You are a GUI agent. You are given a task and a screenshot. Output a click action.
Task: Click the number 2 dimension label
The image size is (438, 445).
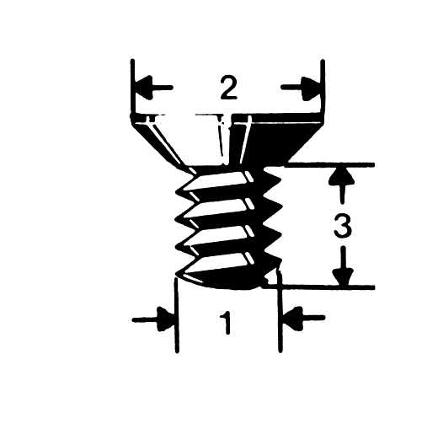point(228,88)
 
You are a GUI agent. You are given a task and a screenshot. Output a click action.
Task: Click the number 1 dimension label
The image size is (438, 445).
point(226,323)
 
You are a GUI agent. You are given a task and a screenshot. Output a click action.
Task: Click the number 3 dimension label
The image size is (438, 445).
point(343,226)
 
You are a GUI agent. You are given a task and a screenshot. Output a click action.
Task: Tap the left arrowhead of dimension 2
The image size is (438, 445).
point(144,88)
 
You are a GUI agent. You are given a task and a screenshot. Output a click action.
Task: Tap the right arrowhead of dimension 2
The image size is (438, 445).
point(312,88)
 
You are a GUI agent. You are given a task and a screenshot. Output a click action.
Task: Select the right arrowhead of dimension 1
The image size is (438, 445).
point(293,318)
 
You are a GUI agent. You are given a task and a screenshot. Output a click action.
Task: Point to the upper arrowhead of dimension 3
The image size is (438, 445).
point(343,176)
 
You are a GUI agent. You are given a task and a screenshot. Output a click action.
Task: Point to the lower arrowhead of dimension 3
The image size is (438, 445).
point(343,276)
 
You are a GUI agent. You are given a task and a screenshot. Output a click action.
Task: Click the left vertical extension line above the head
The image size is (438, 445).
point(132,87)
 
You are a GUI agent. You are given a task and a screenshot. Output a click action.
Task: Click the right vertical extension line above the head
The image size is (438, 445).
point(323,87)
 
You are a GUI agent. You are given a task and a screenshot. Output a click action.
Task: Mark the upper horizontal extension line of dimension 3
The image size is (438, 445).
point(330,165)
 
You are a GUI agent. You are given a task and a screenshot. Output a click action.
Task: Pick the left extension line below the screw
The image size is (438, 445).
point(176,315)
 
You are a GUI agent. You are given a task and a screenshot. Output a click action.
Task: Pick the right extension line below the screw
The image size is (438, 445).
point(280,312)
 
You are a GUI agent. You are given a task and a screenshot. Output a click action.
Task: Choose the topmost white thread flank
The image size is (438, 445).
point(218,181)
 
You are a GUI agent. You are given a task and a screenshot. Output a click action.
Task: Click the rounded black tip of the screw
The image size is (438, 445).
point(227,281)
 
